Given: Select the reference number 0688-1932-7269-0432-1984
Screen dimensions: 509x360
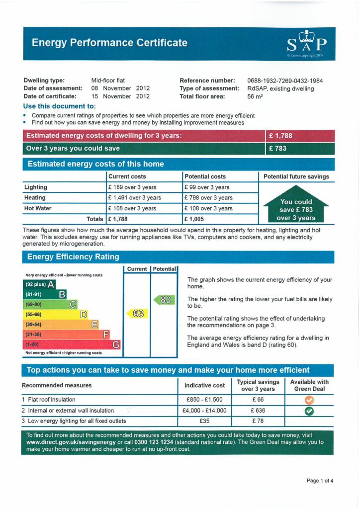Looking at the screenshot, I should point(285,81).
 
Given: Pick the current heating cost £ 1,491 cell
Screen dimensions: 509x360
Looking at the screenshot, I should point(134,198).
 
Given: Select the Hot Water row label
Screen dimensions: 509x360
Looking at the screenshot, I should point(38,208).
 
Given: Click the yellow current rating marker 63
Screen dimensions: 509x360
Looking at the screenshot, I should point(137,314).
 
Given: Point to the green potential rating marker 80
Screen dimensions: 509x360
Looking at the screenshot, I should point(165,300).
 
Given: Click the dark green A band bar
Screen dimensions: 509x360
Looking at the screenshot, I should point(40,285).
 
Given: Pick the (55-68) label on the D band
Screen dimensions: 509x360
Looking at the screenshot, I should point(34,315).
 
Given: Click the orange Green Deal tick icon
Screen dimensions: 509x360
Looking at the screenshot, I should point(309,400).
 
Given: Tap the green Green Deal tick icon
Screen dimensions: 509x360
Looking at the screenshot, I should point(309,411).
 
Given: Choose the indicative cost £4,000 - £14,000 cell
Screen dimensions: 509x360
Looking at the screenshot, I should point(204,411).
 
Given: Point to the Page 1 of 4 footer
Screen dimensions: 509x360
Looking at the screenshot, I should point(320,481).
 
